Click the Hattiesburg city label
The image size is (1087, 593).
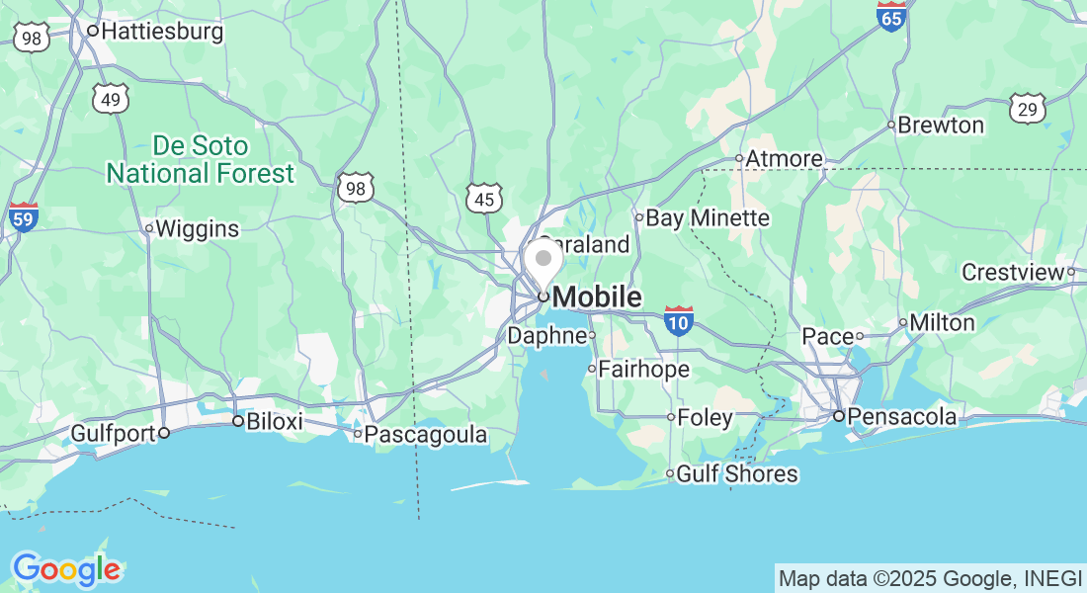point(162,31)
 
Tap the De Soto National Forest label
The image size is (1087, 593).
point(201,160)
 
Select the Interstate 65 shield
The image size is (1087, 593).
point(891,16)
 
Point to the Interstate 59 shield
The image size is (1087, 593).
point(23,217)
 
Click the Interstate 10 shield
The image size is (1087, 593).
point(678,320)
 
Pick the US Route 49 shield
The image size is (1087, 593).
point(112,98)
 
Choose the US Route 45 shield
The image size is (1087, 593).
point(483,199)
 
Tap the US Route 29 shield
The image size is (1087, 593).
point(1028,109)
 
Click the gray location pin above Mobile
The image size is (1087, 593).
point(543,260)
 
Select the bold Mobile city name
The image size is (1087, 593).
point(596,296)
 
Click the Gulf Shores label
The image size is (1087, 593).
point(736,474)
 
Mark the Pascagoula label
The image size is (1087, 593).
point(426,434)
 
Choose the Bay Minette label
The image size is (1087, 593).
point(707,217)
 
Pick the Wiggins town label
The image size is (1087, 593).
point(197,229)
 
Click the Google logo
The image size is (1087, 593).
point(66,569)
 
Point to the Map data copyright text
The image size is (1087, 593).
point(929,578)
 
